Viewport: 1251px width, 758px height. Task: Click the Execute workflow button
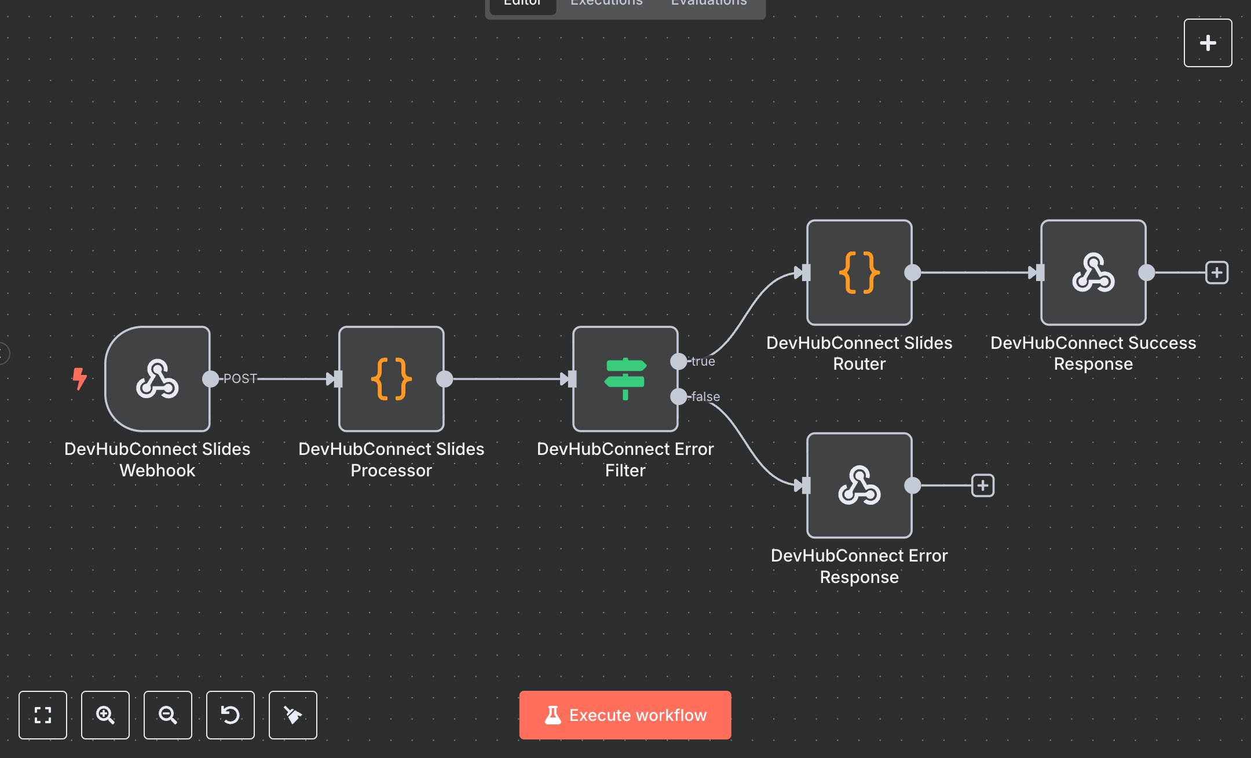pyautogui.click(x=625, y=715)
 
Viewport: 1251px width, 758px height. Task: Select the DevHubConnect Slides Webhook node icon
pyautogui.click(x=157, y=379)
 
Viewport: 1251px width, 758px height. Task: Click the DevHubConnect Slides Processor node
pyautogui.click(x=392, y=379)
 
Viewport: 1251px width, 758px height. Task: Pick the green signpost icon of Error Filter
pyautogui.click(x=625, y=379)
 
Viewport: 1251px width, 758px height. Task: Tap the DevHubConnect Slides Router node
pyautogui.click(x=859, y=272)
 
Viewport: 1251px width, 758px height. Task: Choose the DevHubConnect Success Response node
pyautogui.click(x=1093, y=272)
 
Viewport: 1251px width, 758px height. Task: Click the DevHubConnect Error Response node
pyautogui.click(x=859, y=486)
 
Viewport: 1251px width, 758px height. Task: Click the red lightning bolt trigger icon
pyautogui.click(x=79, y=378)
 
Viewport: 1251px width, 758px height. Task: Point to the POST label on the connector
pyautogui.click(x=240, y=378)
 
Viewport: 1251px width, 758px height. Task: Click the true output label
pyautogui.click(x=703, y=361)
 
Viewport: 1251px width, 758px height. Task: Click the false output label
pyautogui.click(x=705, y=396)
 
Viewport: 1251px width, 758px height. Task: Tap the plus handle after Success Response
pyautogui.click(x=1216, y=272)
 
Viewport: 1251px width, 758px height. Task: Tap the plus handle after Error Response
pyautogui.click(x=982, y=486)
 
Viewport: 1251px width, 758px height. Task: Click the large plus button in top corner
pyautogui.click(x=1208, y=43)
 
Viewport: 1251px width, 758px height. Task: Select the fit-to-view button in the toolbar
pyautogui.click(x=43, y=715)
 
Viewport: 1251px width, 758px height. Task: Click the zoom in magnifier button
pyautogui.click(x=105, y=715)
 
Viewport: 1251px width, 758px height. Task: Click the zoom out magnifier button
pyautogui.click(x=168, y=715)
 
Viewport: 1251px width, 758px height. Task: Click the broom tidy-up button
pyautogui.click(x=293, y=715)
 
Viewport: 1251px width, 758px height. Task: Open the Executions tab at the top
pyautogui.click(x=606, y=3)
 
